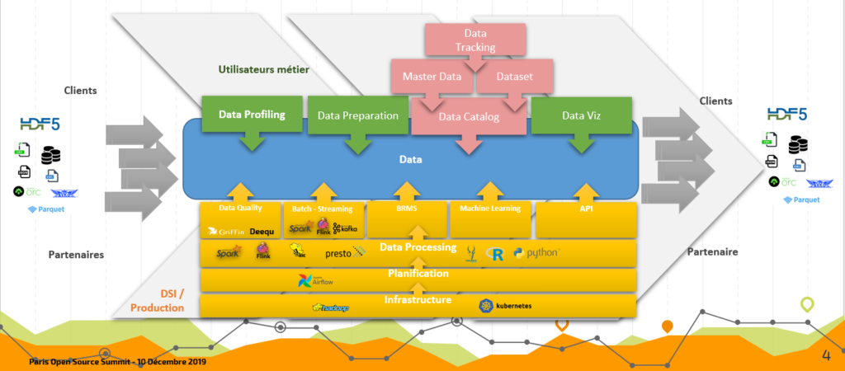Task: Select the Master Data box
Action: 432,77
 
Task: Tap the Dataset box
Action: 516,77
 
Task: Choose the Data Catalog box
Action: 469,117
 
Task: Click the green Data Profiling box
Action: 252,115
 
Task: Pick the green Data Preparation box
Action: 357,116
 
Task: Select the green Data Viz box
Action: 581,116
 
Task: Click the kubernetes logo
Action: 504,306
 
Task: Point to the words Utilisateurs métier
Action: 264,70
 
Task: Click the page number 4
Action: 826,355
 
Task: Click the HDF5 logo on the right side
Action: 790,115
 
